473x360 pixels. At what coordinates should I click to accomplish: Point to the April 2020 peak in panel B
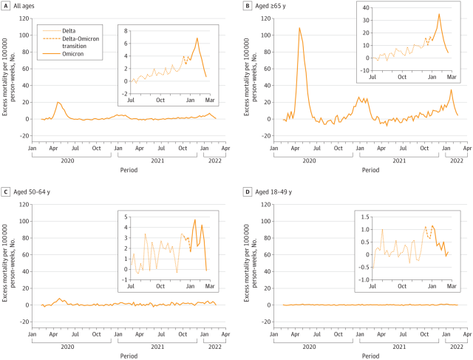299,28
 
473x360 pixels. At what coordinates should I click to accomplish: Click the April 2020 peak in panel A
58,102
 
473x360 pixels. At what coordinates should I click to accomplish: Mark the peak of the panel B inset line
438,14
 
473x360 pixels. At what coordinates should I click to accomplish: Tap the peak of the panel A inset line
197,38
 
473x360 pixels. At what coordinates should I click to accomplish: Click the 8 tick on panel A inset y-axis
127,30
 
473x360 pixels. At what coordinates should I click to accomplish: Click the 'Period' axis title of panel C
124,356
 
